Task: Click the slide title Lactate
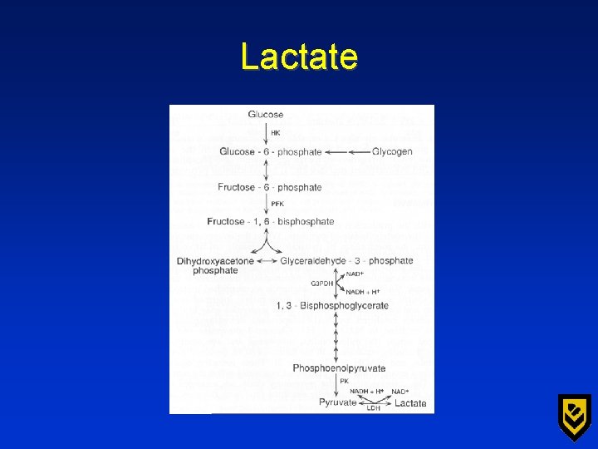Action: pyautogui.click(x=299, y=57)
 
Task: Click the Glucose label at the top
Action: pyautogui.click(x=265, y=115)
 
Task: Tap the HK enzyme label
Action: pyautogui.click(x=276, y=133)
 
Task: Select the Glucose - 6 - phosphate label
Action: pyautogui.click(x=270, y=152)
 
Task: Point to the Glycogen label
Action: pyautogui.click(x=392, y=152)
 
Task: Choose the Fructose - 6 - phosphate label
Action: pyautogui.click(x=270, y=187)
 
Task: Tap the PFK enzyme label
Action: pyautogui.click(x=277, y=204)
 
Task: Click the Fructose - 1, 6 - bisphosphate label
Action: pyautogui.click(x=271, y=222)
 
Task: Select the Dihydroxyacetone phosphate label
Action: pyautogui.click(x=215, y=265)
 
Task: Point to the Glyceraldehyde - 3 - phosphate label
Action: pyautogui.click(x=346, y=261)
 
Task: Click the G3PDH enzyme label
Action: pyautogui.click(x=322, y=284)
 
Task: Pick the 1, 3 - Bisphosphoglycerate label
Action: pyautogui.click(x=332, y=305)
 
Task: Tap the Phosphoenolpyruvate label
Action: pyautogui.click(x=339, y=368)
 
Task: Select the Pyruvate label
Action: pyautogui.click(x=338, y=403)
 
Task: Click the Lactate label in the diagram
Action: pyautogui.click(x=410, y=403)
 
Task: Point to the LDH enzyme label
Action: pyautogui.click(x=374, y=408)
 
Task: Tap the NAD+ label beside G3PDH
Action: pyautogui.click(x=355, y=274)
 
